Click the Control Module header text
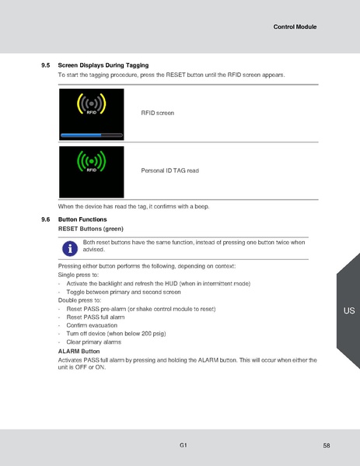click(295, 27)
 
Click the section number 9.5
click(45, 65)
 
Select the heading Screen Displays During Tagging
click(103, 65)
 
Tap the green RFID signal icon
click(91, 161)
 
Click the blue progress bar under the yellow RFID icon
click(91, 134)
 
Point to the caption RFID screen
click(157, 113)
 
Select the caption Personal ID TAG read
click(170, 170)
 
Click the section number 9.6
click(45, 220)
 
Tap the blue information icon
click(70, 247)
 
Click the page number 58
click(327, 445)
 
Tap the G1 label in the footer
click(183, 444)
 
